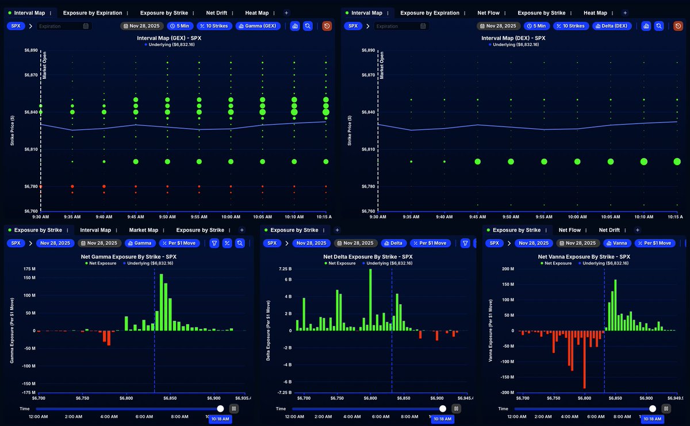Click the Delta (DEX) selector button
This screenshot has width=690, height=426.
tap(611, 26)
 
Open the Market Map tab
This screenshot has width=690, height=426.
tap(144, 230)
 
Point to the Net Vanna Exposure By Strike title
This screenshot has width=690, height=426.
tap(584, 257)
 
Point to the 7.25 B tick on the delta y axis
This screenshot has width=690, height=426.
tap(284, 269)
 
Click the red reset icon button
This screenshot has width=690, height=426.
tap(327, 26)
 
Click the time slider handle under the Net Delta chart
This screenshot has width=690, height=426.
tap(442, 408)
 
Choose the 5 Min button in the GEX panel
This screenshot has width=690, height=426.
tap(181, 26)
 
